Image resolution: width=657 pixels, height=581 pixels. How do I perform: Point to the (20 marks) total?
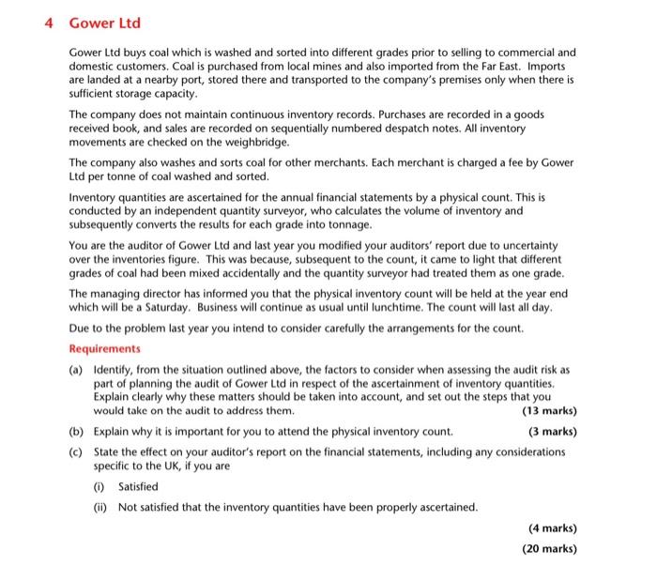tap(549, 549)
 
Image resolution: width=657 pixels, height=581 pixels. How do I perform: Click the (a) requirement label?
tap(78, 371)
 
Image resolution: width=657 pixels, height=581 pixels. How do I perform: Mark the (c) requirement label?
tap(78, 451)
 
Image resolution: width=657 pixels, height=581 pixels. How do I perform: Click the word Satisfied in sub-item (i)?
tap(139, 486)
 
